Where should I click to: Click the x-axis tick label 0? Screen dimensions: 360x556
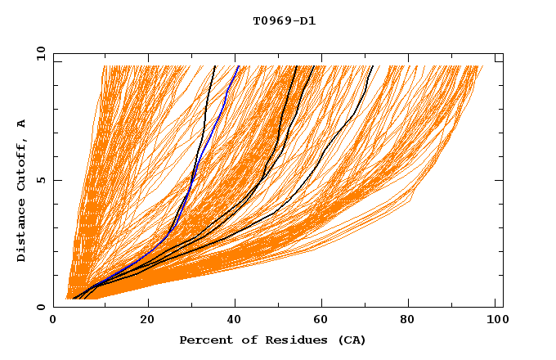tap(53, 321)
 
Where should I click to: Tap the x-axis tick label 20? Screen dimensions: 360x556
tap(147, 321)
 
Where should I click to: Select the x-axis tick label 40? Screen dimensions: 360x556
tap(236, 321)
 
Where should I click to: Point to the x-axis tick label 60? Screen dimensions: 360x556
tap(326, 321)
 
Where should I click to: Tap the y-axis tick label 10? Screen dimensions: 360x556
tap(39, 53)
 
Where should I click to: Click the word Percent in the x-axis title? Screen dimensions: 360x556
tap(204, 340)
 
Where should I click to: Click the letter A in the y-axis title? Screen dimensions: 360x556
tap(22, 124)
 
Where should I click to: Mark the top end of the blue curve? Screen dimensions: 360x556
tap(238, 66)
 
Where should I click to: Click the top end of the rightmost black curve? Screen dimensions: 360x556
tap(372, 66)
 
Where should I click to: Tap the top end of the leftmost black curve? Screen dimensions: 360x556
tap(214, 66)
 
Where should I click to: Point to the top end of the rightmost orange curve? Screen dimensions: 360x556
tap(482, 66)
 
